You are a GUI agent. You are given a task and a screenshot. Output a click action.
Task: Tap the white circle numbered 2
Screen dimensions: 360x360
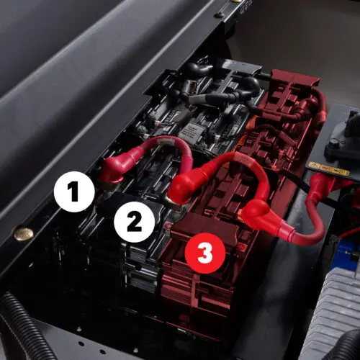click(134, 222)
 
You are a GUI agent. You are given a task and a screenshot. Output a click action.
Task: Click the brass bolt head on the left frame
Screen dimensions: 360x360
click(23, 233)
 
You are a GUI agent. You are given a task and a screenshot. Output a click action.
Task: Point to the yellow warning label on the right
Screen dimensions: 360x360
click(329, 169)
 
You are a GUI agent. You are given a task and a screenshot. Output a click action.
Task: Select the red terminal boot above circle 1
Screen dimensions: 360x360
click(115, 168)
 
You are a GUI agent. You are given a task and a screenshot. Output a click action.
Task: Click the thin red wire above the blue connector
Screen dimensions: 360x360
click(351, 233)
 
